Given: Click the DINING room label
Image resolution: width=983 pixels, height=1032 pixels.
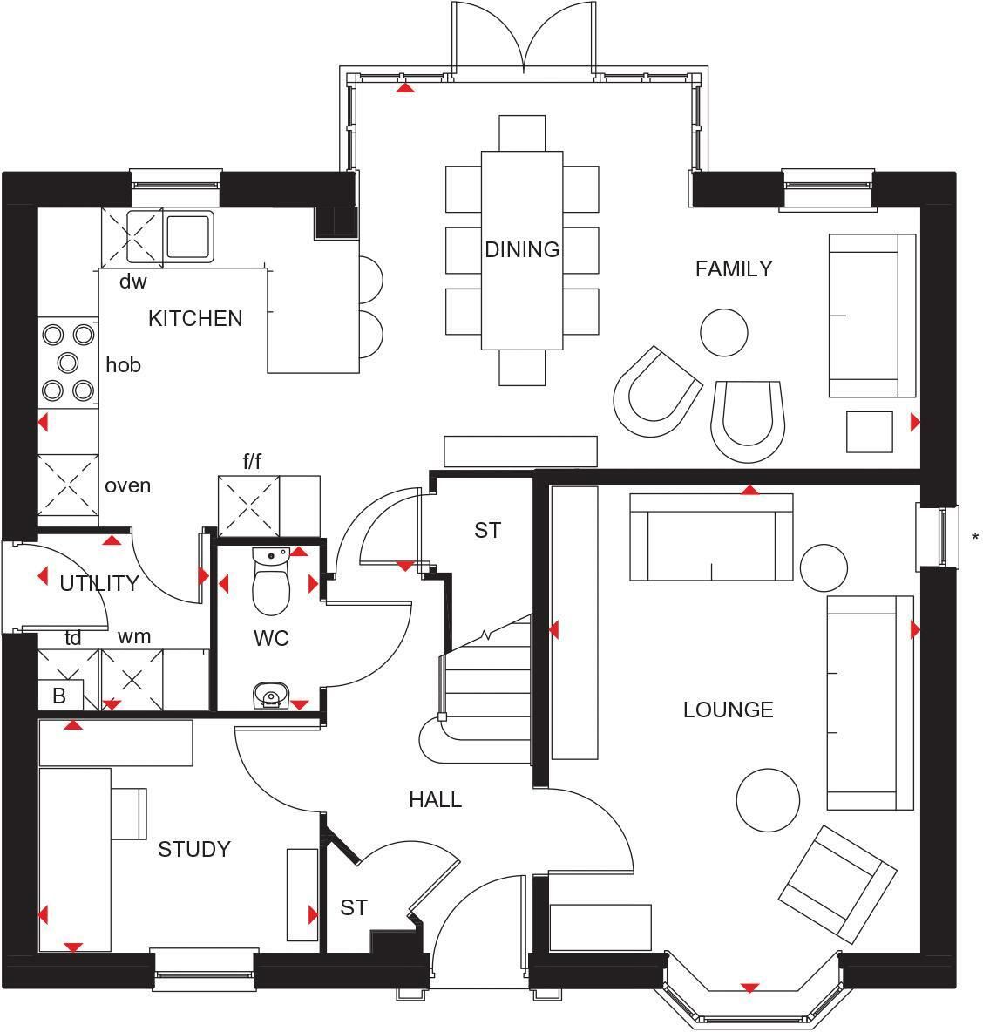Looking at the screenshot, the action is click(522, 249).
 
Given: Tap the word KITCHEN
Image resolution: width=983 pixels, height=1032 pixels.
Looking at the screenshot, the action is click(195, 318).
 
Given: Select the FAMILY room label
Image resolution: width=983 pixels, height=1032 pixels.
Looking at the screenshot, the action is click(734, 268).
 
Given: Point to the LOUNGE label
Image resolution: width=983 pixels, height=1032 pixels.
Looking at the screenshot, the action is click(729, 709).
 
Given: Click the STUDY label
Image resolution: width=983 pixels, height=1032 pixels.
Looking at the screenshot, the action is click(194, 849).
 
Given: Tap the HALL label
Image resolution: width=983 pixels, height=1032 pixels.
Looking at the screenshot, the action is click(435, 799).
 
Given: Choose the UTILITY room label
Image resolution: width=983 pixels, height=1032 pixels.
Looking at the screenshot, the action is click(99, 583).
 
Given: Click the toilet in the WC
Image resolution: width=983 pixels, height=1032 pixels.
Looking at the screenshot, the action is click(271, 582).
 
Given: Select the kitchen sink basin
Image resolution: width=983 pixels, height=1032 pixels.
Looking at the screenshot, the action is click(189, 235).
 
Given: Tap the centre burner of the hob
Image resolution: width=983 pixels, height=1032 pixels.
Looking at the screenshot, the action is click(68, 363).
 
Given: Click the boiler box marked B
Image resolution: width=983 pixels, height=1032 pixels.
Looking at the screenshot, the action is click(60, 695).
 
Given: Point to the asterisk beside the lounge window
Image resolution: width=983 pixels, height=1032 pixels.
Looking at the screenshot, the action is click(974, 537).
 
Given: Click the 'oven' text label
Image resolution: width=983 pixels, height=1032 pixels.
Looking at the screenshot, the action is click(127, 485).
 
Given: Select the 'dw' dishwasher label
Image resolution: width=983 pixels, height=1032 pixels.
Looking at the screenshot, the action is click(133, 282).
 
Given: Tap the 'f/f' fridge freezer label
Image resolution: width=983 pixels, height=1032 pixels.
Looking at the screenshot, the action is click(252, 461).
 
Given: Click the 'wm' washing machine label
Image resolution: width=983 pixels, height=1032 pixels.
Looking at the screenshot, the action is click(134, 636).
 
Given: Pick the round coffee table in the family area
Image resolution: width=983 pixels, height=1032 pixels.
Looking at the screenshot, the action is click(724, 332).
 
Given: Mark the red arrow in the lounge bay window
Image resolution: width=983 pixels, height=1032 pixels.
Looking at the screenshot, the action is click(749, 988).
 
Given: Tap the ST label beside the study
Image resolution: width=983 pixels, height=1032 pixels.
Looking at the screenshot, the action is click(353, 907).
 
